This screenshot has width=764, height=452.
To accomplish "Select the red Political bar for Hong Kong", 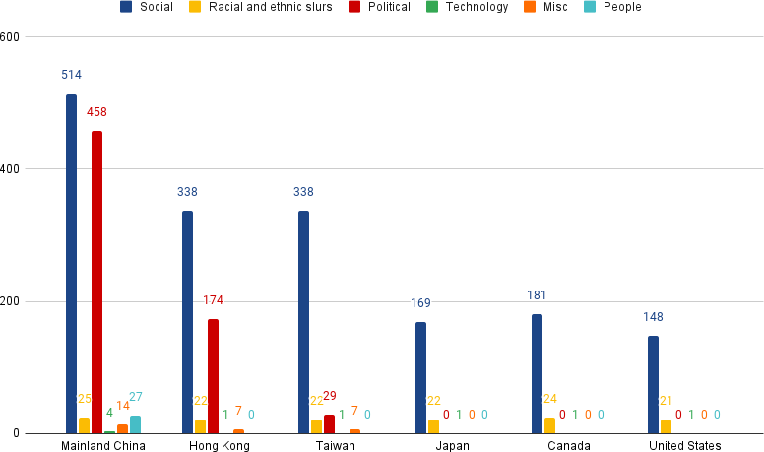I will tap(213, 376).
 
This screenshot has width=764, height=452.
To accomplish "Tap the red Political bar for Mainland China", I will tap(96, 283).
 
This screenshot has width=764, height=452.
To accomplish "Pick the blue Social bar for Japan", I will tap(420, 378).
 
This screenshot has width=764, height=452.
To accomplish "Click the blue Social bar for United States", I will tap(653, 385).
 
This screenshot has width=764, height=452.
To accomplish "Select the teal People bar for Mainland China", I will tap(135, 424).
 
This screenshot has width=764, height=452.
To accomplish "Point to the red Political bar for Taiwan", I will tap(329, 424).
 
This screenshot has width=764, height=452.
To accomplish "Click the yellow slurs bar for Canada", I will tap(549, 425).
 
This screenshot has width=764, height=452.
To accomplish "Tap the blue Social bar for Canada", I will tap(537, 374).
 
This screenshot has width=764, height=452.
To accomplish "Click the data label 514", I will tap(71, 75).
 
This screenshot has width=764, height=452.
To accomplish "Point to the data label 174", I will tap(214, 300).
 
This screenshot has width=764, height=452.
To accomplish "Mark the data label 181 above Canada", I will tap(537, 295).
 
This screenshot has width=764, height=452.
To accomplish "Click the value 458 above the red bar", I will tap(96, 112).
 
